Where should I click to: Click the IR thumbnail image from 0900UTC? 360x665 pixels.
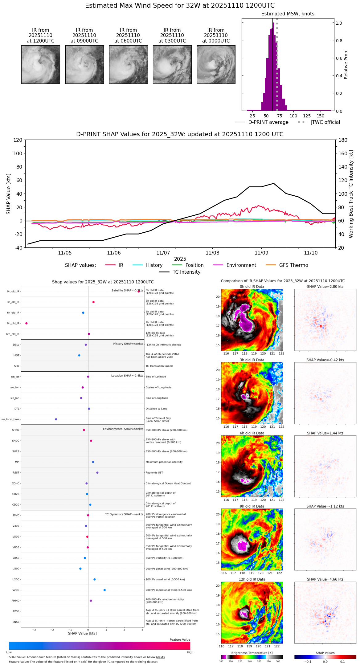84,64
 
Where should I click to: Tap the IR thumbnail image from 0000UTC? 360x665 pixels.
216,64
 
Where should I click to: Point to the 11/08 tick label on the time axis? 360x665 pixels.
212,253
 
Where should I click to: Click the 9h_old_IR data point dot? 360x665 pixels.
27,323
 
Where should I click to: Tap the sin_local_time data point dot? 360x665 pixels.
56,419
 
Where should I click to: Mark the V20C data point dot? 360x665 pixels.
104,590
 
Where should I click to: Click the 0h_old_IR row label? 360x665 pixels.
13,292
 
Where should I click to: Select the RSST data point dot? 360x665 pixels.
97,473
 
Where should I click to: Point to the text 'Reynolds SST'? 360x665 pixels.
154,473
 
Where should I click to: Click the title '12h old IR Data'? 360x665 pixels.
252,580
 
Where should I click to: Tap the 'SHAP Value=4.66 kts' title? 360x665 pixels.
325,580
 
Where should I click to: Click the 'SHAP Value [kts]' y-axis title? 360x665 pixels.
9,194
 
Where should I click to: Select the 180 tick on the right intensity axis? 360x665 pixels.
343,140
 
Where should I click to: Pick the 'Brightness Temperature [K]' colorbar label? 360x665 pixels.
252,653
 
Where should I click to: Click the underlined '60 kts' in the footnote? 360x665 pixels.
160,657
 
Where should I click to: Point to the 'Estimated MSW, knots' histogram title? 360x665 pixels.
288,14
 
